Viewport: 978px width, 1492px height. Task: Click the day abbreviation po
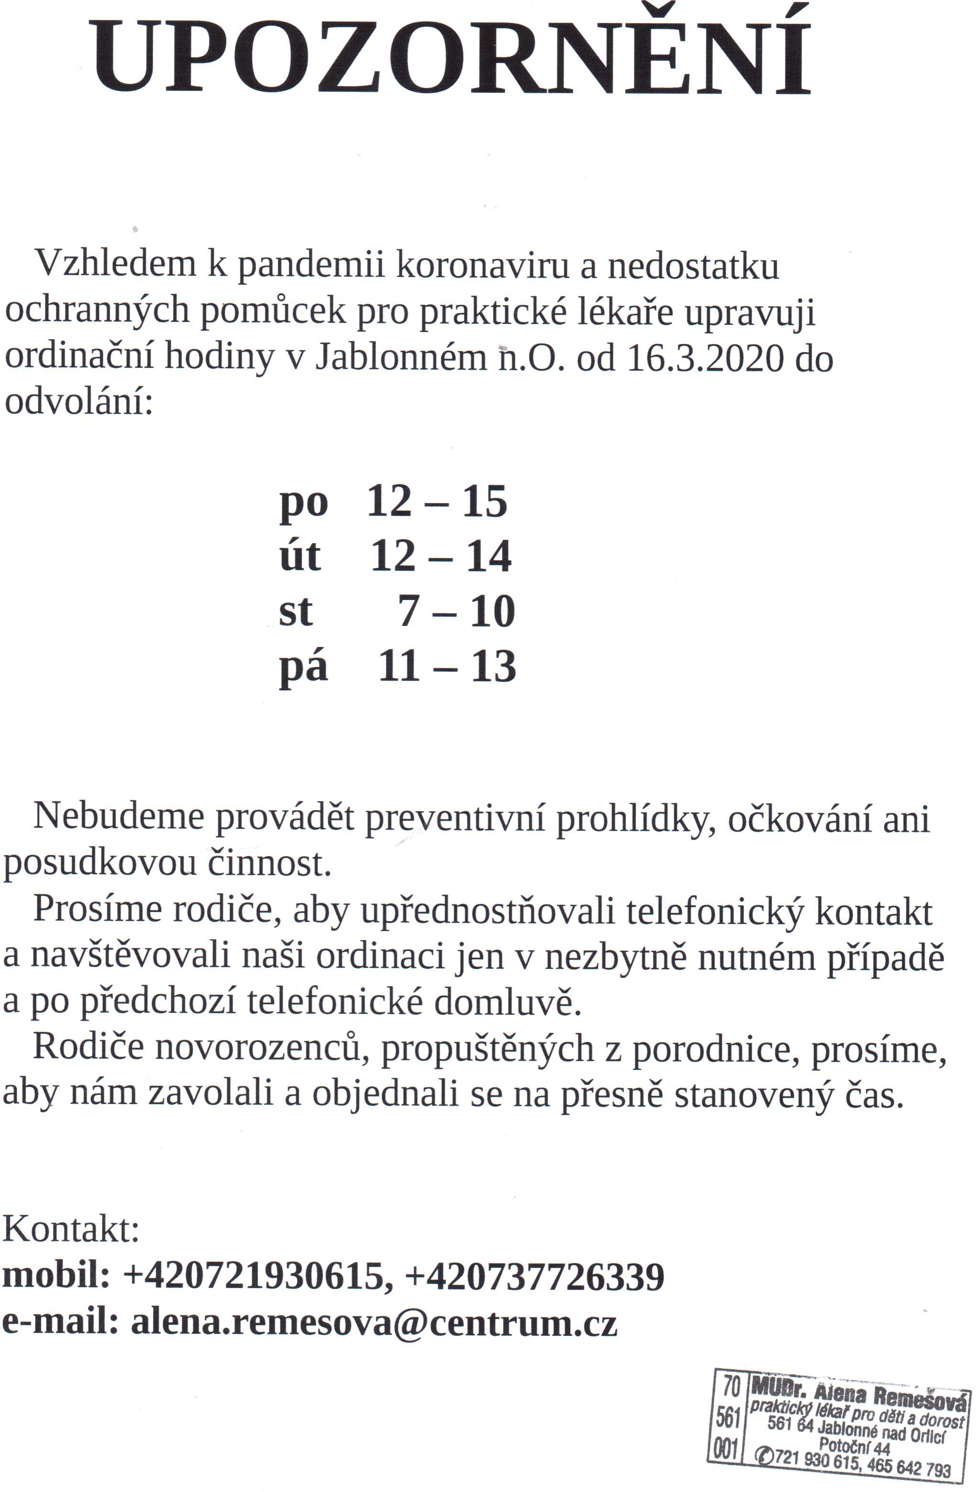pyautogui.click(x=304, y=503)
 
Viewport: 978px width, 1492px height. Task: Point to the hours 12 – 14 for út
pyautogui.click(x=441, y=557)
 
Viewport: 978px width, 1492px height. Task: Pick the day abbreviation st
pyautogui.click(x=295, y=611)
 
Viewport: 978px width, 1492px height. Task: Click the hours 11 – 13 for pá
pyautogui.click(x=446, y=666)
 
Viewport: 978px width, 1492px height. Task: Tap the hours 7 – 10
pyautogui.click(x=456, y=611)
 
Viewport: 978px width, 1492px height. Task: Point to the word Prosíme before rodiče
pyautogui.click(x=97, y=909)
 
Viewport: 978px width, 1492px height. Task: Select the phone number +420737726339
pyautogui.click(x=534, y=1277)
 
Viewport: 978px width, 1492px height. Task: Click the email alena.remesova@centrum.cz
pyautogui.click(x=374, y=1323)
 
